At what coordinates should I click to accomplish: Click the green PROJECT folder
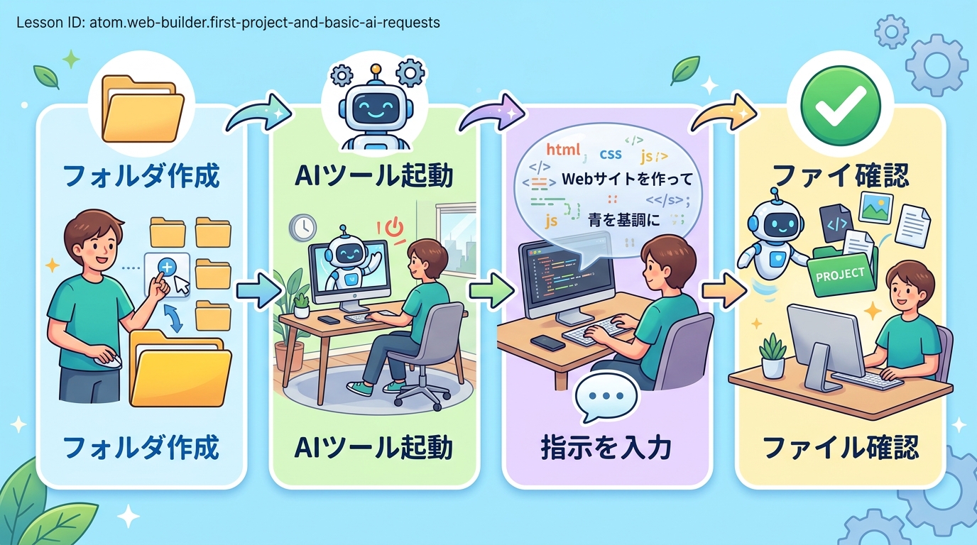point(841,272)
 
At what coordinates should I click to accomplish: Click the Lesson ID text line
point(228,22)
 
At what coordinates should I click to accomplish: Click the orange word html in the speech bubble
point(562,150)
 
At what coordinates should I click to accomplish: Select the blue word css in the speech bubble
point(611,153)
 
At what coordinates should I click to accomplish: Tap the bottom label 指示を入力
point(606,448)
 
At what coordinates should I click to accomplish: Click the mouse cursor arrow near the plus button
point(182,286)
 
